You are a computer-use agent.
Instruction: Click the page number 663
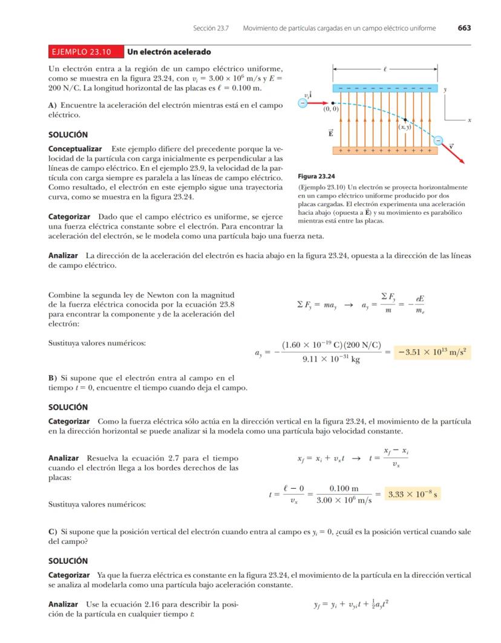(x=464, y=28)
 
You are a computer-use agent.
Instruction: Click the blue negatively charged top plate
(x=385, y=88)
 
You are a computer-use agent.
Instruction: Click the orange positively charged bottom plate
(x=385, y=149)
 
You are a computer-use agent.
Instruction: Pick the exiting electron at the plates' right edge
(x=439, y=140)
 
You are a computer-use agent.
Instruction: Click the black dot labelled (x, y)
(x=405, y=120)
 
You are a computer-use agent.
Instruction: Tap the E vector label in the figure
(x=330, y=133)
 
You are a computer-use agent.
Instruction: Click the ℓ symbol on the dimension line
(x=385, y=70)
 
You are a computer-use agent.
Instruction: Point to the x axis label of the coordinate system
(x=470, y=120)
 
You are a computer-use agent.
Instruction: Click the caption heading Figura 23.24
(x=316, y=177)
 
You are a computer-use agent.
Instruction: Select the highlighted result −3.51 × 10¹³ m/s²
(x=432, y=352)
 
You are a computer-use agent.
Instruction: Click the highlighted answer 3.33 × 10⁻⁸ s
(x=414, y=494)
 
